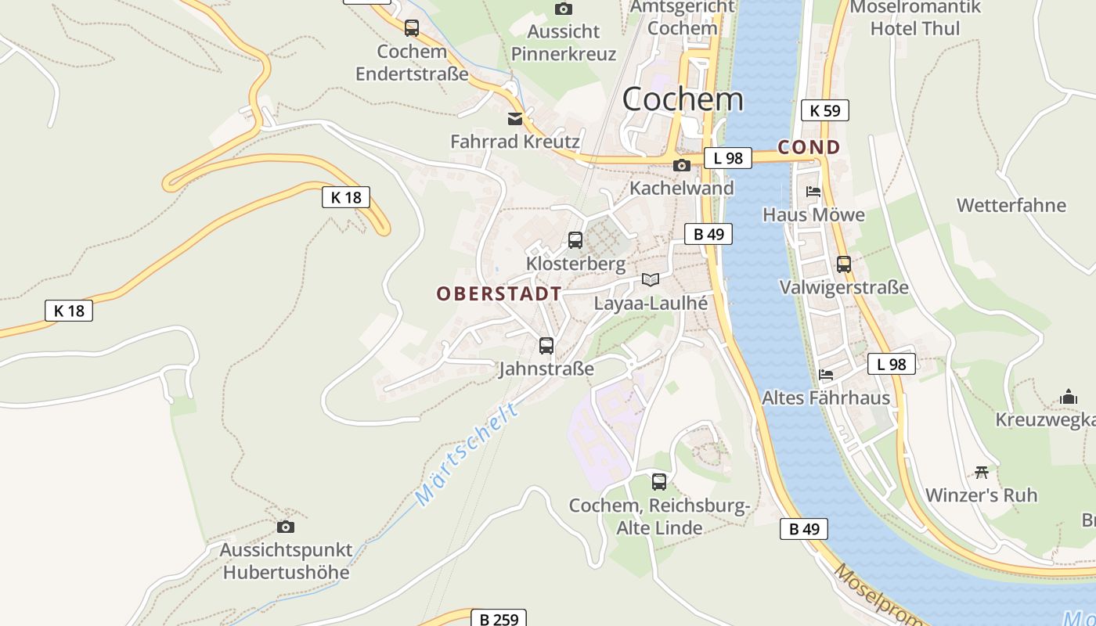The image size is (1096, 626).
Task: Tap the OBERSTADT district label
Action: (499, 294)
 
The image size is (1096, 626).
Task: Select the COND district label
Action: (809, 147)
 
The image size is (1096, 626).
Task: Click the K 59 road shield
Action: (825, 110)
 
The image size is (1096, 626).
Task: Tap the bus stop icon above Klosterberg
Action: (575, 240)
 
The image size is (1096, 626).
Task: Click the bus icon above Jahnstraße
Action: (546, 345)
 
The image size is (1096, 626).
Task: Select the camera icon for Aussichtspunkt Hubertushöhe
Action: (286, 527)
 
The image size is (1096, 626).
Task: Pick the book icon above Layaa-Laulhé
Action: (651, 279)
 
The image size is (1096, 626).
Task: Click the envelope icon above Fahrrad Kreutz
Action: (515, 119)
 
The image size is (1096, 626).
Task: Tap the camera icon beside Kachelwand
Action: (682, 165)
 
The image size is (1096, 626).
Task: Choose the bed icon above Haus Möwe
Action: (813, 191)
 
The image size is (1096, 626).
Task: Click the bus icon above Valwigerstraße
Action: (844, 264)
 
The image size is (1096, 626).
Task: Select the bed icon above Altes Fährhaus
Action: (826, 374)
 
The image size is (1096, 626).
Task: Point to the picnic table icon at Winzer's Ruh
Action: (982, 472)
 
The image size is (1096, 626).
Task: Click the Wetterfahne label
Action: (1011, 206)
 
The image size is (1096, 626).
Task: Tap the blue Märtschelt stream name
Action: (467, 454)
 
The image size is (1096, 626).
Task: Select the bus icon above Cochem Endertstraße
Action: (412, 28)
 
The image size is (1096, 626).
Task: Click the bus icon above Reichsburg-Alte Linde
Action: (659, 481)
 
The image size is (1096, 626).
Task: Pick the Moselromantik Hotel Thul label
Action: (914, 18)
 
